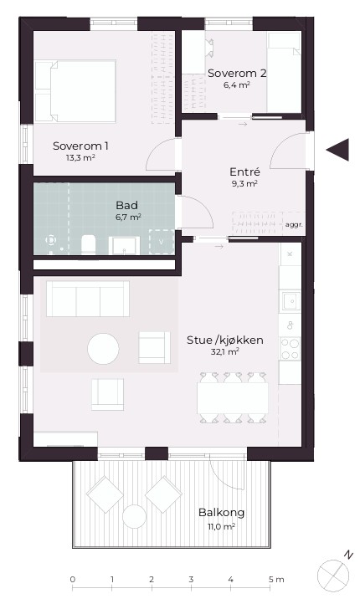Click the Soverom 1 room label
tap(80, 146)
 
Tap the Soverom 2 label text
tap(237, 73)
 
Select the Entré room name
tap(244, 171)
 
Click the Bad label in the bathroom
tap(126, 205)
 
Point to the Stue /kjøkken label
tap(225, 340)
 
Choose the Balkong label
tap(221, 513)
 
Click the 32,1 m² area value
tap(224, 351)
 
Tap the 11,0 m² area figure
tap(221, 526)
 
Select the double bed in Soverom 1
tap(75, 91)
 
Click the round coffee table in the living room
tap(103, 349)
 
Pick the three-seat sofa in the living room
tap(88, 299)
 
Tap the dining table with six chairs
tap(233, 398)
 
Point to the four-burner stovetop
tap(290, 349)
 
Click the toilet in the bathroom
tap(88, 244)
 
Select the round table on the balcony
tap(134, 516)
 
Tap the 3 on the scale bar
tap(191, 580)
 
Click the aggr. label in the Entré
tap(293, 224)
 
